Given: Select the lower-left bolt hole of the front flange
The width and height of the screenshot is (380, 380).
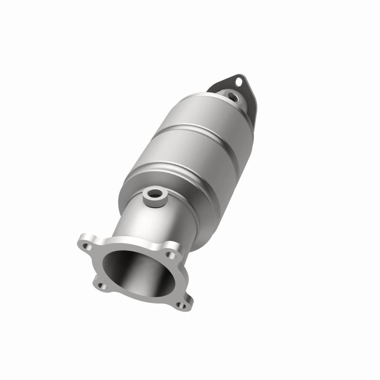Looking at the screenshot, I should [101, 286].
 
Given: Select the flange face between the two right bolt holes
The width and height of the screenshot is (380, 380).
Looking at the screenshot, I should [178, 280].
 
